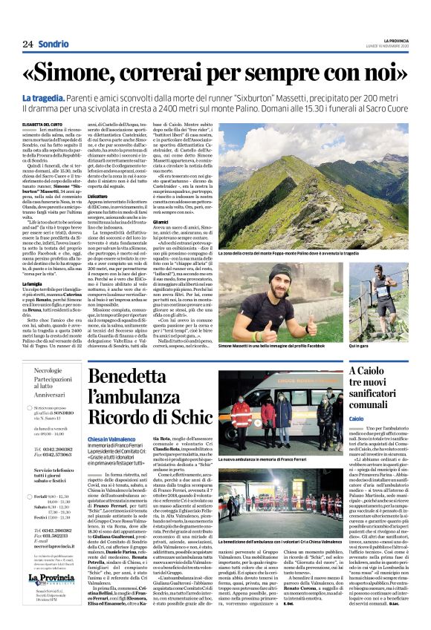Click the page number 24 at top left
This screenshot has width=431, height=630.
pyautogui.click(x=27, y=44)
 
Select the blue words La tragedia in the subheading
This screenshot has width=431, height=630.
pyautogui.click(x=63, y=99)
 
